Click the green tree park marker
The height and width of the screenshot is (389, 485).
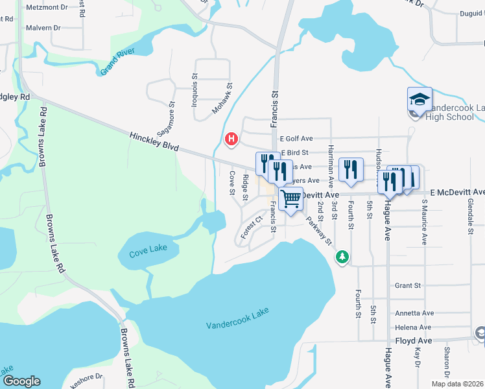342,257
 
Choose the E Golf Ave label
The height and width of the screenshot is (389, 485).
296,139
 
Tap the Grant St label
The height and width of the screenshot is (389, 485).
408,285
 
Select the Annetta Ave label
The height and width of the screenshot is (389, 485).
414,313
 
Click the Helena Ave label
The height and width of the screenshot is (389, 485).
414,327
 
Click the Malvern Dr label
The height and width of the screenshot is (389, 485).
43,28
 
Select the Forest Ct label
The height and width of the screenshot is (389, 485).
249,228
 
